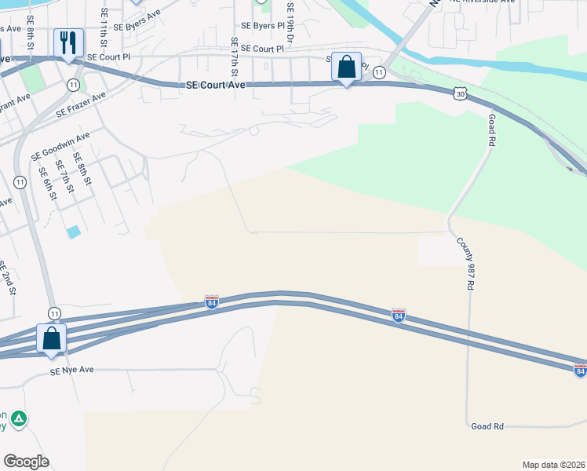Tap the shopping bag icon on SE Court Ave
pos(346,67)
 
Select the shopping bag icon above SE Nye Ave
pos(52,338)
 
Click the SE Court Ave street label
pos(217,86)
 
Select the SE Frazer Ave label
pos(80,106)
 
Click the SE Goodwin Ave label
pos(60,146)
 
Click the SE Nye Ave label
pos(71,370)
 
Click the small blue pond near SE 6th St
pos(73,232)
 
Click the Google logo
pos(26,462)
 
